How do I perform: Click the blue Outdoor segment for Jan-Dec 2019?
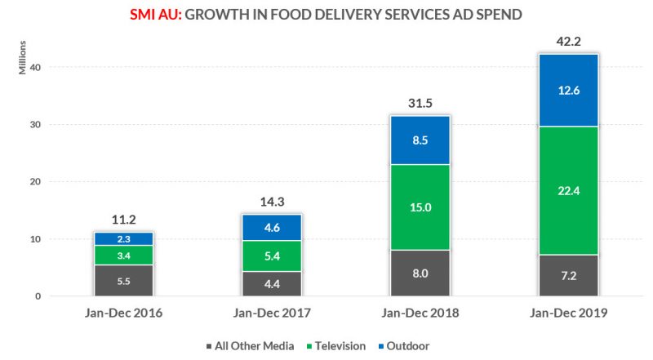(567, 90)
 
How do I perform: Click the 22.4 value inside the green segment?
(567, 191)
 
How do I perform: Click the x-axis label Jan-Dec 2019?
(567, 313)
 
